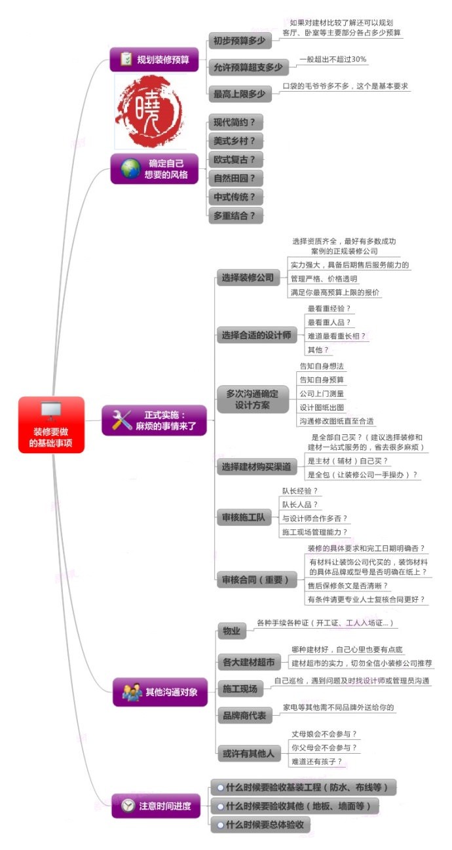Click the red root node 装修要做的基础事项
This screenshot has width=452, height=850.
click(x=51, y=425)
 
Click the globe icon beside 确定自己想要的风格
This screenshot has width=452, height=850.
click(x=130, y=168)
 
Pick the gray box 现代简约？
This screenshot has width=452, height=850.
click(x=234, y=122)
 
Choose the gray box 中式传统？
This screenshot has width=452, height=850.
click(x=234, y=196)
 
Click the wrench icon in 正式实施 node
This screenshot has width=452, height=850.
click(x=122, y=420)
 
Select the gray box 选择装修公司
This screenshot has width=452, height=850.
click(x=247, y=278)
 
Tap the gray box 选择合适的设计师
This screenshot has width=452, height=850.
click(x=255, y=335)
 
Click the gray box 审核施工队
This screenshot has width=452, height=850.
click(x=243, y=518)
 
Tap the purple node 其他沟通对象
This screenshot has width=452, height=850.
click(x=160, y=692)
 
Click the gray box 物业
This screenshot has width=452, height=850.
click(x=231, y=631)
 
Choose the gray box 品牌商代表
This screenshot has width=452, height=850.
click(x=244, y=716)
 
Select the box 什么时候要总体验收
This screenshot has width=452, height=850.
click(x=260, y=824)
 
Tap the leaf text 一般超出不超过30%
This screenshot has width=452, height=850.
click(x=333, y=59)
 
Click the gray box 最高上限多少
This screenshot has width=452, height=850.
click(x=239, y=94)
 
